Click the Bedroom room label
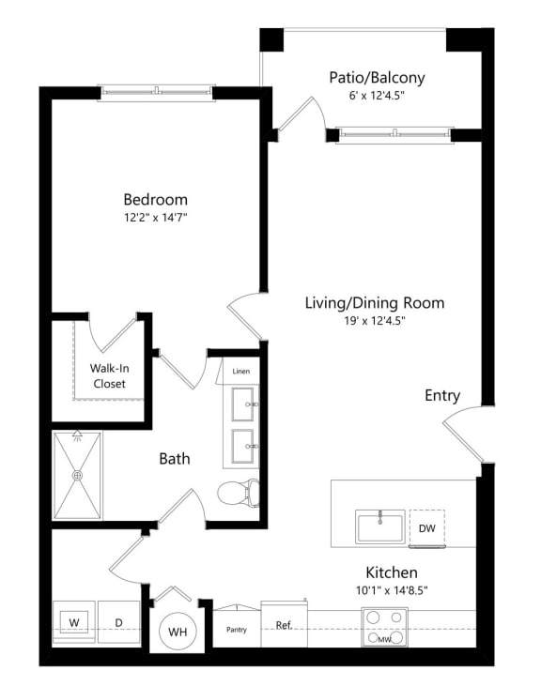(155, 200)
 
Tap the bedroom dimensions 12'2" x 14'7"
(155, 218)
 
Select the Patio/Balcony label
(377, 78)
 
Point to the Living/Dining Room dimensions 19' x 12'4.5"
(375, 321)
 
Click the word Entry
(442, 395)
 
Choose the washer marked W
(74, 622)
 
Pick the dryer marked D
(118, 622)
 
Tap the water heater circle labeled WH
(178, 632)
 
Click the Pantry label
(237, 630)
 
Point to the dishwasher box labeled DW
(427, 528)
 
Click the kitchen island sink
(380, 526)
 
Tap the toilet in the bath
(239, 493)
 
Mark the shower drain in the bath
(77, 476)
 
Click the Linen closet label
(241, 371)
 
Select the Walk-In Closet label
(110, 375)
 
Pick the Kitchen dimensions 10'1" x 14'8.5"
(392, 590)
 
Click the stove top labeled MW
(385, 627)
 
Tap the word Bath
(175, 459)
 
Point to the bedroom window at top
(156, 92)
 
